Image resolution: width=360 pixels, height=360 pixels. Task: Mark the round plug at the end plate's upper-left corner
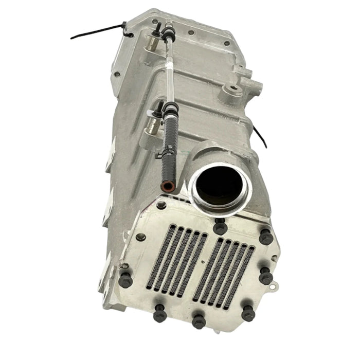pyautogui.click(x=140, y=236)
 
